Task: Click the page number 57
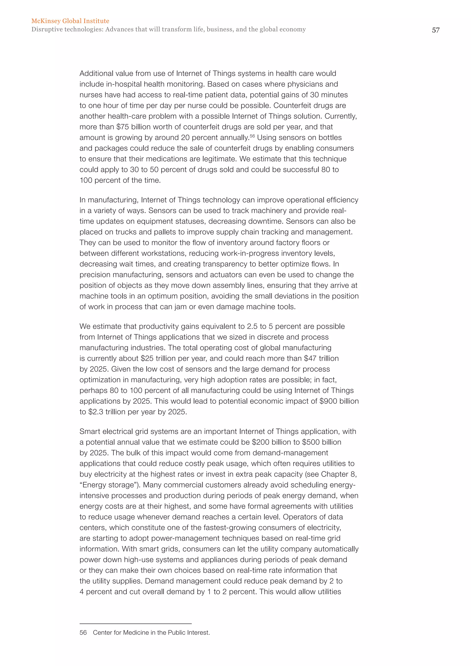click(435, 30)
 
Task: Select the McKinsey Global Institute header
click(70, 21)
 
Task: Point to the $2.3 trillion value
click(105, 412)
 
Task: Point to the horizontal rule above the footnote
click(135, 624)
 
